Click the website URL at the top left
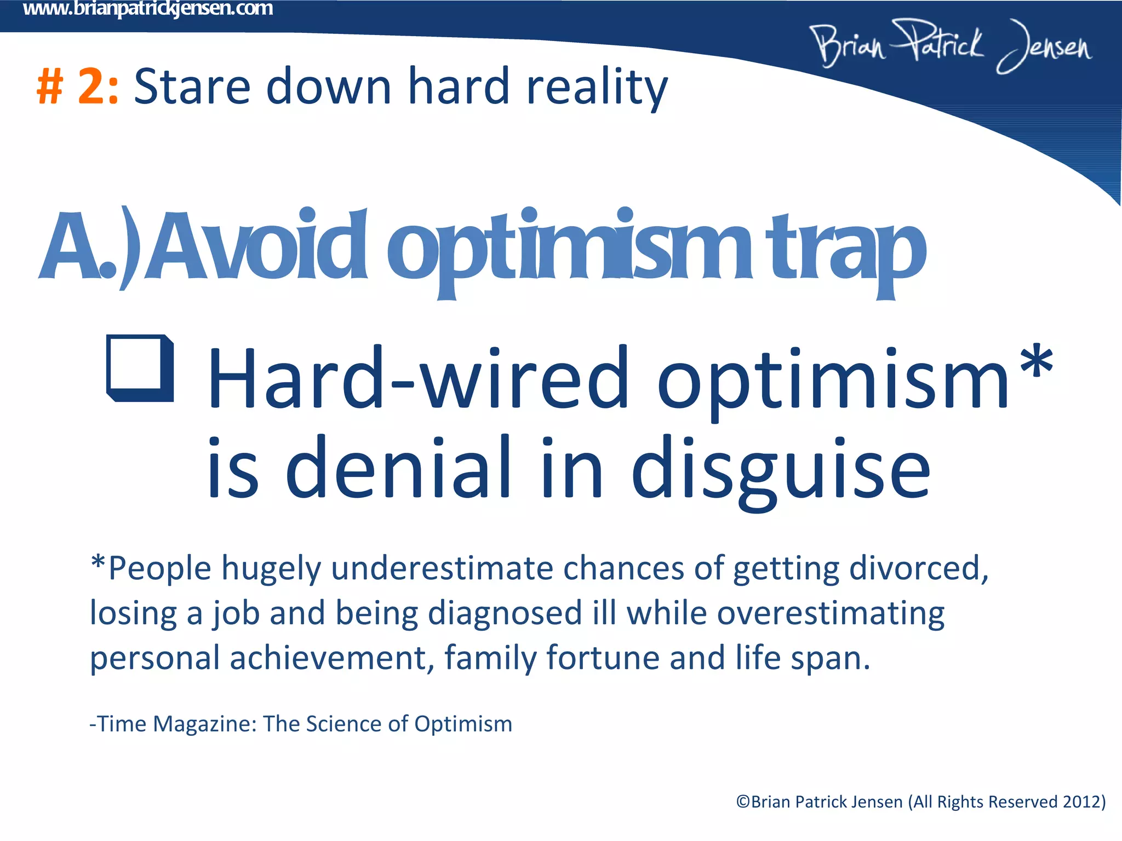pos(148,9)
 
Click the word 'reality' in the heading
pos(597,87)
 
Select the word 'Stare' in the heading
pos(192,87)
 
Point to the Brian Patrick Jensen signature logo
pos(951,46)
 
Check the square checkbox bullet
pos(140,368)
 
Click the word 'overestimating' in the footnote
pos(831,613)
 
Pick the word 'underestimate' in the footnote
pos(442,568)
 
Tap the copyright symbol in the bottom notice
pos(743,802)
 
